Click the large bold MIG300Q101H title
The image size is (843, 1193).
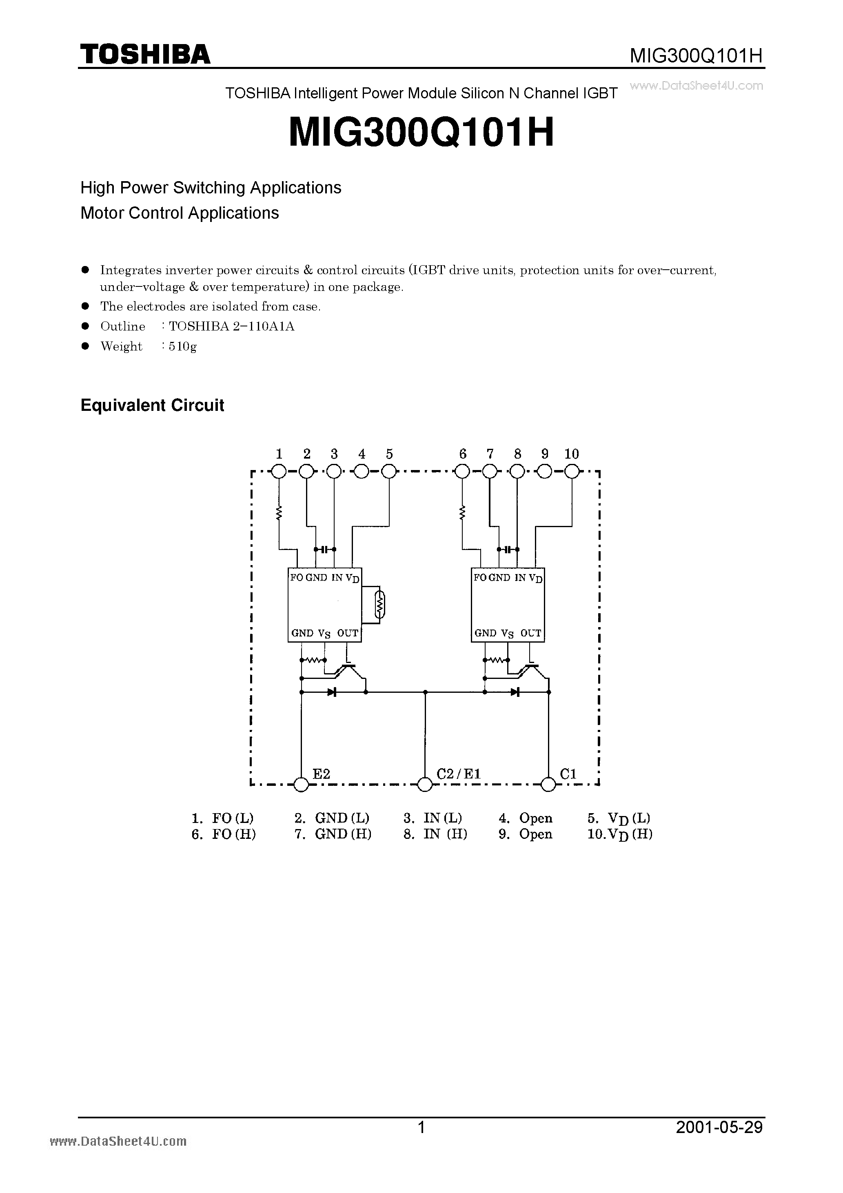[421, 133]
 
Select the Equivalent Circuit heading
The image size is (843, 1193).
[152, 405]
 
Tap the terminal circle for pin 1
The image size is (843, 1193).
[279, 472]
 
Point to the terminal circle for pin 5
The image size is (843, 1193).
[389, 472]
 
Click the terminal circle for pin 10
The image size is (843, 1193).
[572, 472]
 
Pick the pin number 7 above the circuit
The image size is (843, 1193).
[490, 454]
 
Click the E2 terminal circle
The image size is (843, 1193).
[301, 785]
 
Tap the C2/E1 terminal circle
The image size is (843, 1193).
[425, 785]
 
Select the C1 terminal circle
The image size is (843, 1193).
[548, 785]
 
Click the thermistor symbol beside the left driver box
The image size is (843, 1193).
[380, 604]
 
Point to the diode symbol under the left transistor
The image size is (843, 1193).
[331, 692]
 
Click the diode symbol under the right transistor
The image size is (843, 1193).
[515, 692]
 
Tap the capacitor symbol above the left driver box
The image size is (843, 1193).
[325, 549]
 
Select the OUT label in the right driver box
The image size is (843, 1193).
[530, 633]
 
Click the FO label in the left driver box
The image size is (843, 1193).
[296, 578]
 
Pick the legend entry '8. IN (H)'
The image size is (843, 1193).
[435, 834]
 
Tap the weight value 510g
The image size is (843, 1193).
[182, 346]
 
